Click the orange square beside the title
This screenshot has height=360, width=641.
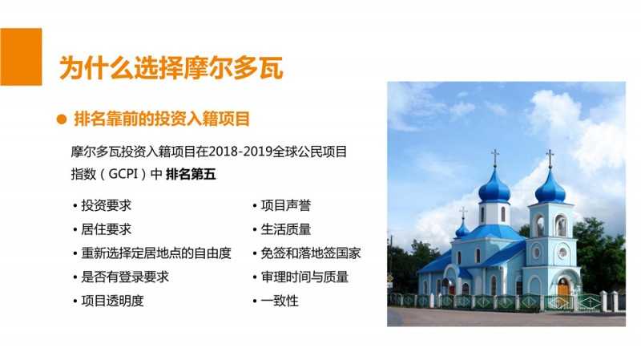[x=21, y=57]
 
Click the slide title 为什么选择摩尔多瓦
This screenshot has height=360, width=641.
[x=171, y=68]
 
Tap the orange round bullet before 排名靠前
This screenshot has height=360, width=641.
[x=62, y=119]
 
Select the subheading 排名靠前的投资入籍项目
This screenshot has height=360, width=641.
[x=162, y=119]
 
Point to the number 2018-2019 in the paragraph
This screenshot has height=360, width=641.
[x=240, y=152]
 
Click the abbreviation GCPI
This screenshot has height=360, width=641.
[x=123, y=174]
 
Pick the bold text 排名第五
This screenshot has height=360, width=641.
[x=191, y=174]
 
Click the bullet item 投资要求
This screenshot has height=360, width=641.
[x=107, y=205]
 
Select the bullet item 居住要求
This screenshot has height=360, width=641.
[x=107, y=229]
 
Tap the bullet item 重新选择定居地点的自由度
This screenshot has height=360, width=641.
[x=156, y=253]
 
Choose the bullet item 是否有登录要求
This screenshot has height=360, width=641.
[x=125, y=277]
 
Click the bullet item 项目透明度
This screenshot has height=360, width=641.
[x=112, y=301]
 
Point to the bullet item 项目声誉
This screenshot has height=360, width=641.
[x=286, y=205]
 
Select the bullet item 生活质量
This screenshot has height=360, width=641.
[x=286, y=229]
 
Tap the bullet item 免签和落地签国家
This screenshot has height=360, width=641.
[x=311, y=253]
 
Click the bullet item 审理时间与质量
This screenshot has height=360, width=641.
[x=304, y=277]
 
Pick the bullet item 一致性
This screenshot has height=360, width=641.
[x=280, y=301]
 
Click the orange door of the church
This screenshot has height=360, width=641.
[x=563, y=288]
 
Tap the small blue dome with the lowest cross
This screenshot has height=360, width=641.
[x=462, y=230]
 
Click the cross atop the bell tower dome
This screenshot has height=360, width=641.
[x=550, y=158]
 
